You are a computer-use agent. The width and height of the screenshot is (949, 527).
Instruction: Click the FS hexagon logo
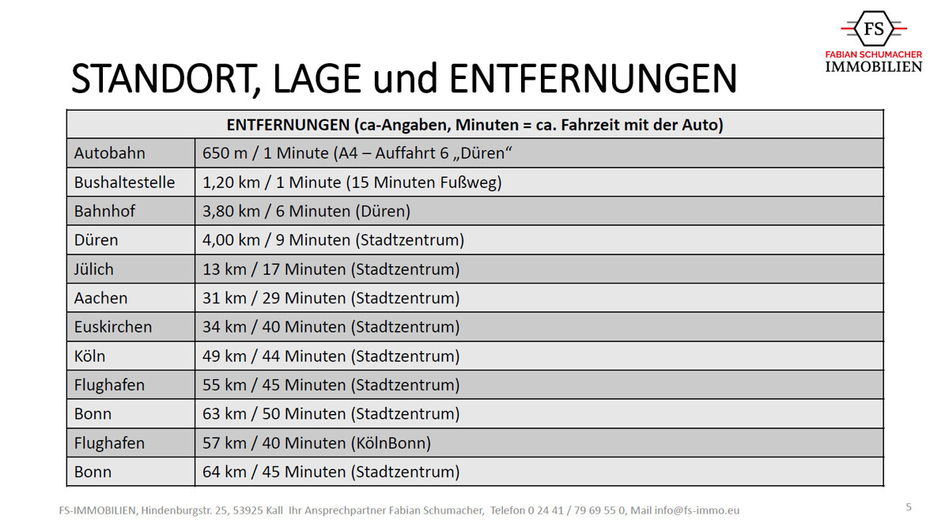click(873, 29)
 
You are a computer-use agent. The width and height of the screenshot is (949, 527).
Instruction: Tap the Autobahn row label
click(110, 153)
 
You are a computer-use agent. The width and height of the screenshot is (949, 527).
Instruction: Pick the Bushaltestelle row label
click(124, 183)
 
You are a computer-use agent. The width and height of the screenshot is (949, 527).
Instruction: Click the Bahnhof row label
click(104, 211)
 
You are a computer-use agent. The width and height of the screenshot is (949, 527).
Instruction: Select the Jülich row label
click(94, 269)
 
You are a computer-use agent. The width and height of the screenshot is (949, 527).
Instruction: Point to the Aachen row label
click(100, 298)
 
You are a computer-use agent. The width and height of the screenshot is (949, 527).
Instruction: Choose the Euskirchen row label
click(112, 327)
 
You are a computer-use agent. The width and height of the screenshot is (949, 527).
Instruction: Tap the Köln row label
click(89, 356)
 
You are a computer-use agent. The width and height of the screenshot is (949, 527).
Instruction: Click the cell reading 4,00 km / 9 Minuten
click(333, 240)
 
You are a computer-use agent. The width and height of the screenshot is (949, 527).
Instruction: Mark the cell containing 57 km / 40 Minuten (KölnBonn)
click(316, 443)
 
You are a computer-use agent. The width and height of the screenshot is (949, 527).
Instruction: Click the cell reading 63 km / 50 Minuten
click(331, 414)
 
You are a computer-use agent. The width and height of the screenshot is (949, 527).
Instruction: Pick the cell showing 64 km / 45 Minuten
click(331, 472)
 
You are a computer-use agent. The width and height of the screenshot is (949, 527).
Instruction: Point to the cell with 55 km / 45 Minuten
click(331, 386)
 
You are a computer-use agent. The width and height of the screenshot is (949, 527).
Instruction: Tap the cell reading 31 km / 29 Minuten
click(331, 298)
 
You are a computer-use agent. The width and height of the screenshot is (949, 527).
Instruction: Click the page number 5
click(909, 507)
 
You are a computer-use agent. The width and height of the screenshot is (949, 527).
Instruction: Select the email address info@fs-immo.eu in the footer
click(697, 510)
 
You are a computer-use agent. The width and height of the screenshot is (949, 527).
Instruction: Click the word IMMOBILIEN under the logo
click(873, 67)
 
